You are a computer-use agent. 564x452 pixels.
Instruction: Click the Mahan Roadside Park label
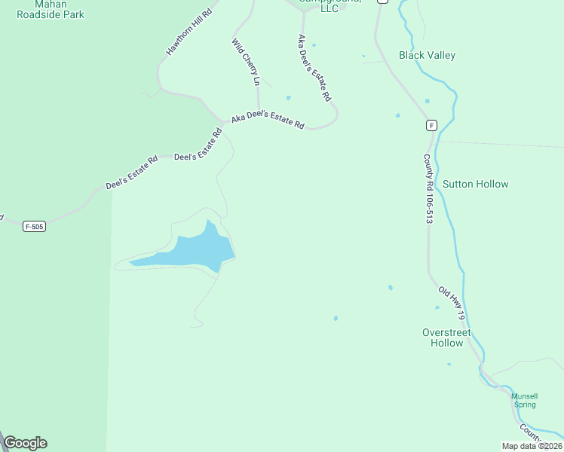point(51,9)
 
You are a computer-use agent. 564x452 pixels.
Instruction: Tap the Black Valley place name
point(427,55)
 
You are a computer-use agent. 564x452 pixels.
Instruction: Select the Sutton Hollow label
point(475,184)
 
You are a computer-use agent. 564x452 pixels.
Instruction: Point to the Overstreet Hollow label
point(446,337)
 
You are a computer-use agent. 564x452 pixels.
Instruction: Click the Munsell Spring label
point(525,400)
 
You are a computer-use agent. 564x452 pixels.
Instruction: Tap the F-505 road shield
point(34,226)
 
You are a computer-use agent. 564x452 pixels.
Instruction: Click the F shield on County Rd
point(431,126)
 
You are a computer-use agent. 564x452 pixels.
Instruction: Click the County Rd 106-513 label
point(428,188)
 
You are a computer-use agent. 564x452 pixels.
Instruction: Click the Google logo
point(25,443)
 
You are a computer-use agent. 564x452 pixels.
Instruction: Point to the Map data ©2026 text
point(532,446)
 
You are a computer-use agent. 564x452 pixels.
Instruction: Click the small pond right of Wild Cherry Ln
point(288,97)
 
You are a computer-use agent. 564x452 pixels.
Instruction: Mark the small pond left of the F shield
point(397,115)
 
